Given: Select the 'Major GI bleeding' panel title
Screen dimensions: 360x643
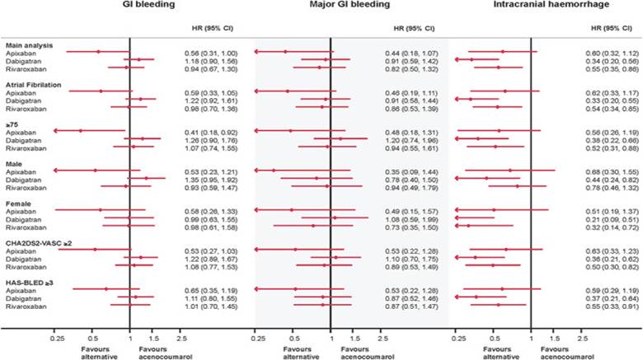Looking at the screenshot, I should point(330,7).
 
